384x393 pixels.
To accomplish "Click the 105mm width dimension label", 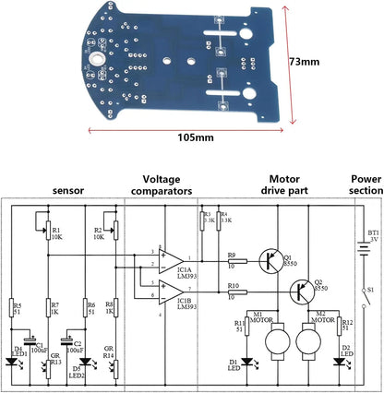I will pyautogui.click(x=193, y=137).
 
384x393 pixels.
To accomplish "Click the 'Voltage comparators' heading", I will pyautogui.click(x=167, y=185).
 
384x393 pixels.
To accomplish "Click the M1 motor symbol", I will pyautogui.click(x=274, y=344).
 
